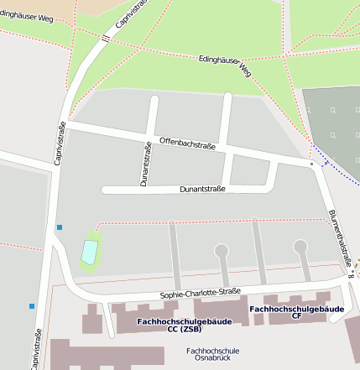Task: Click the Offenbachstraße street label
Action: pos(187,144)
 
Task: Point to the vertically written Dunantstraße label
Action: pos(144,164)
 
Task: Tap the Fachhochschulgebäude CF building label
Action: pos(296,312)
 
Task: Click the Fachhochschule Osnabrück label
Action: pos(213,355)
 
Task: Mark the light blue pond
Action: pos(89,251)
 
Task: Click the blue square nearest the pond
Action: pos(60,227)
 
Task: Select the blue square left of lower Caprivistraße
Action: pos(32,306)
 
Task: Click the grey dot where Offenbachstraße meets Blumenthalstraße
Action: pos(312,165)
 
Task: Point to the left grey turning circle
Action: pos(222,250)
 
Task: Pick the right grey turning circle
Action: pos(300,246)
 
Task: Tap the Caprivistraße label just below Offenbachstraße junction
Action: pos(60,143)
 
